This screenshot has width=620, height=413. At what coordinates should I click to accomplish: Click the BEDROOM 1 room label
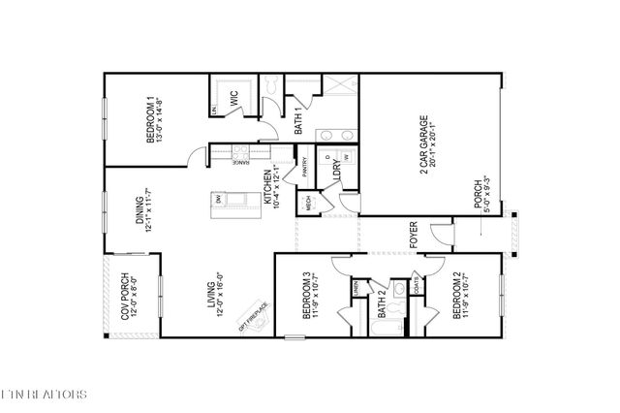coord(151,119)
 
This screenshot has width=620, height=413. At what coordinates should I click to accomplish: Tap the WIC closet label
coord(233,98)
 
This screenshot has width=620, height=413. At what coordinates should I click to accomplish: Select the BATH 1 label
coord(299,121)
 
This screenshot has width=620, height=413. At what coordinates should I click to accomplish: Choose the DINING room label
coord(140,208)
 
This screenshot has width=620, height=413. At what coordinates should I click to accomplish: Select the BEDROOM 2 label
coord(457,297)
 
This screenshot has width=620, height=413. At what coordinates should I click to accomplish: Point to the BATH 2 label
coord(382,304)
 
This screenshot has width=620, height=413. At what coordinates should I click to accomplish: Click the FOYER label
coord(413,235)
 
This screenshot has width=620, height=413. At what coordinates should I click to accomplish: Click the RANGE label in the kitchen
coord(239,160)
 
